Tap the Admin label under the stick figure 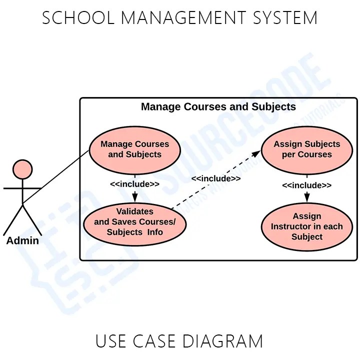pos(22,240)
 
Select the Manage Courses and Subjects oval pos(134,149)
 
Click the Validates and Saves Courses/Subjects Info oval pos(134,222)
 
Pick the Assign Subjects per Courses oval pos(306,149)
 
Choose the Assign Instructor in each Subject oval pos(306,226)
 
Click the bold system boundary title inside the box pos(218,107)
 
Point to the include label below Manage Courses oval pos(134,184)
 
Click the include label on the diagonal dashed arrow pos(215,178)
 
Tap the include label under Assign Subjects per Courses pos(306,185)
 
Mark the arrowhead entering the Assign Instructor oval pos(306,199)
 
